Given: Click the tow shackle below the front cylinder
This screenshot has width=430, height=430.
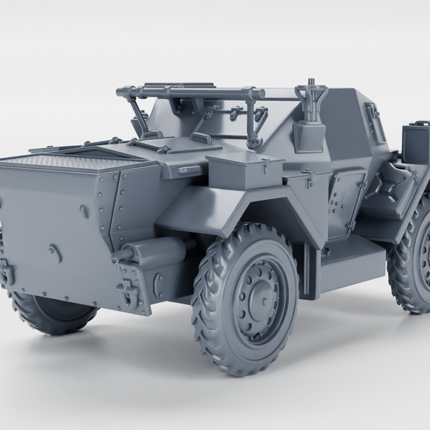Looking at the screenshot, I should [128, 293].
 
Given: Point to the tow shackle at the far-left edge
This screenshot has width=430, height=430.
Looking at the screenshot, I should [6, 272].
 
